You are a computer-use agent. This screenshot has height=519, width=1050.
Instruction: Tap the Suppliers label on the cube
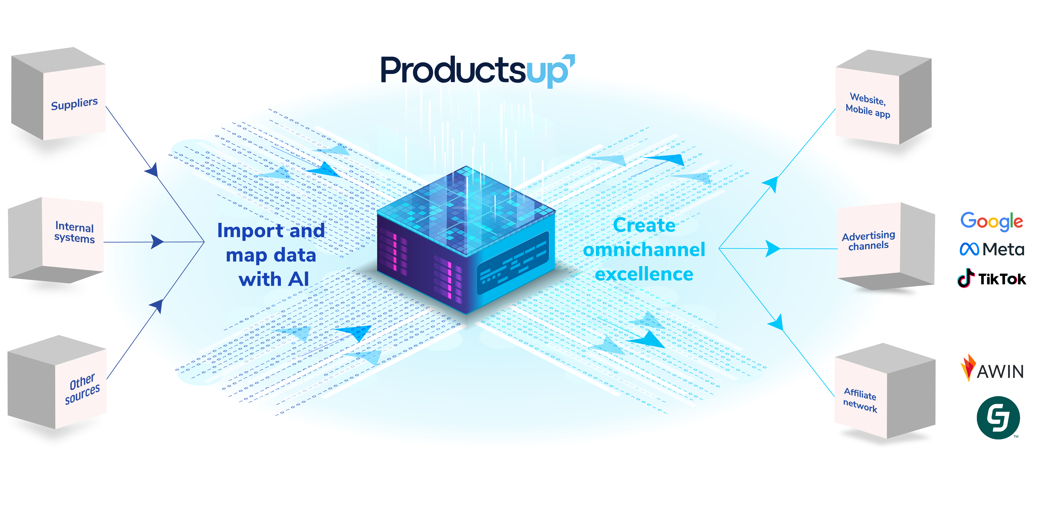pos(74,104)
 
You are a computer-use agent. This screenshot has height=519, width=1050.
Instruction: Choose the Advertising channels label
pos(868,241)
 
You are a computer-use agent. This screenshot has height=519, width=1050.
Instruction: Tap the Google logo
pos(991,221)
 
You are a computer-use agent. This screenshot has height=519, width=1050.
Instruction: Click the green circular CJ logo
pos(998,417)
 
